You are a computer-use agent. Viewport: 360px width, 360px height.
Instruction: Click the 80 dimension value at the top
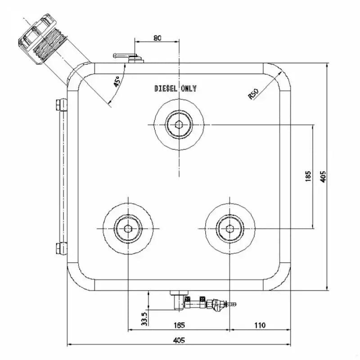[x=157, y=38]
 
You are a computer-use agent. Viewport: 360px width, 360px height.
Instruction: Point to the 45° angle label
[x=117, y=81]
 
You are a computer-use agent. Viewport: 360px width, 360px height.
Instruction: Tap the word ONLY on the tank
[x=189, y=89]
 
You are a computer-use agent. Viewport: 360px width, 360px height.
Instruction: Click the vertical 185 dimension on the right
[x=308, y=176]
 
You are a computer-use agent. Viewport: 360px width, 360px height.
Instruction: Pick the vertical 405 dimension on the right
[x=323, y=176]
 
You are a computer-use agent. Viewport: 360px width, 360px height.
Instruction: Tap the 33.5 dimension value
[x=144, y=319]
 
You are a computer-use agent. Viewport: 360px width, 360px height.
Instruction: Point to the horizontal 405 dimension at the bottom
[x=179, y=341]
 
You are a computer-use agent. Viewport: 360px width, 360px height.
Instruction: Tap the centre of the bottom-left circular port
[x=128, y=229]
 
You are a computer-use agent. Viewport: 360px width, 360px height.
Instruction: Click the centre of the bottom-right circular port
[x=230, y=229]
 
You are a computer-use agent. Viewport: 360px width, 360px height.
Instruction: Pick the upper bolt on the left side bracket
[x=59, y=105]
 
